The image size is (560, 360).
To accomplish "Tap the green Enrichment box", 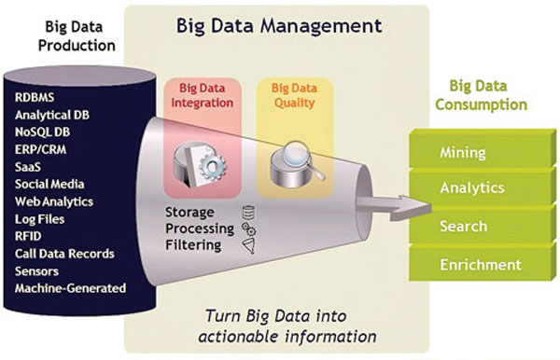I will pos(481,265).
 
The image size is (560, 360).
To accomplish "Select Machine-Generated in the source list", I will pos(70,288).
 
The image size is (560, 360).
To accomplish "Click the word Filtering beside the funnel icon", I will pos(193,246).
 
